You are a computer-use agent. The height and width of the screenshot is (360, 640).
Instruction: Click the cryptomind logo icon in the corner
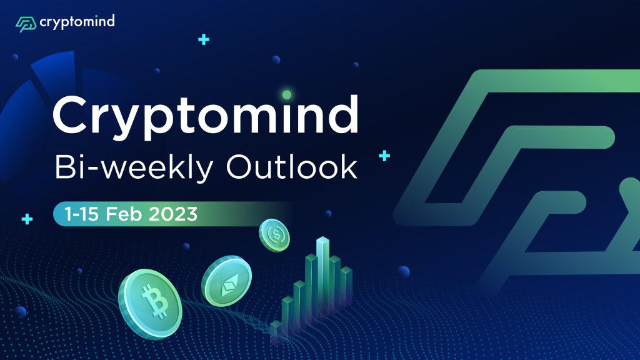[x=26, y=24]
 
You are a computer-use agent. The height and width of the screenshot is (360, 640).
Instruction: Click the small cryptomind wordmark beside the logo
[x=77, y=22]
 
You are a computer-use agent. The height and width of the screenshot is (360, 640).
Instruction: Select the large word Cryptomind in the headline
[x=206, y=116]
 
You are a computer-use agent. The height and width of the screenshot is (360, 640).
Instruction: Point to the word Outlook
[x=292, y=166]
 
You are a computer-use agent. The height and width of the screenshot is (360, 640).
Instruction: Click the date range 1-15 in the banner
[x=81, y=214]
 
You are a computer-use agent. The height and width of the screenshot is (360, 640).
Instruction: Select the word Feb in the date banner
[x=124, y=214]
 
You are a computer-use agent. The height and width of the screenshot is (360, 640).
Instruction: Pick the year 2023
[x=173, y=214]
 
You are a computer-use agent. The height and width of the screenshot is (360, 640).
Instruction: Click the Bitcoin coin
[x=150, y=304]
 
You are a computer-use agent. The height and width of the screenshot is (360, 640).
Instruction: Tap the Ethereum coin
[x=226, y=281]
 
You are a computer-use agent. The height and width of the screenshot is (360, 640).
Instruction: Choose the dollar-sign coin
[x=274, y=235]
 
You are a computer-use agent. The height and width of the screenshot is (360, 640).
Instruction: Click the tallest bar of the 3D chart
[x=322, y=274]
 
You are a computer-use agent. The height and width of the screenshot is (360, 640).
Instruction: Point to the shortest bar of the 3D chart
[x=276, y=331]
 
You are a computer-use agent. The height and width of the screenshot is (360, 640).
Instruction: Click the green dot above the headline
[x=287, y=95]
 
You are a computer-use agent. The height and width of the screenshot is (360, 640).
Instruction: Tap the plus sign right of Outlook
[x=384, y=156]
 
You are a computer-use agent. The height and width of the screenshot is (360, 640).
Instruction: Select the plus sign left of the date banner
[x=27, y=219]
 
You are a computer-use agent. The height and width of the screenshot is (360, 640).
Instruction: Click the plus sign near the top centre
[x=204, y=39]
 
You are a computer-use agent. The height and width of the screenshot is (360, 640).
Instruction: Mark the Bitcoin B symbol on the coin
[x=154, y=301]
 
